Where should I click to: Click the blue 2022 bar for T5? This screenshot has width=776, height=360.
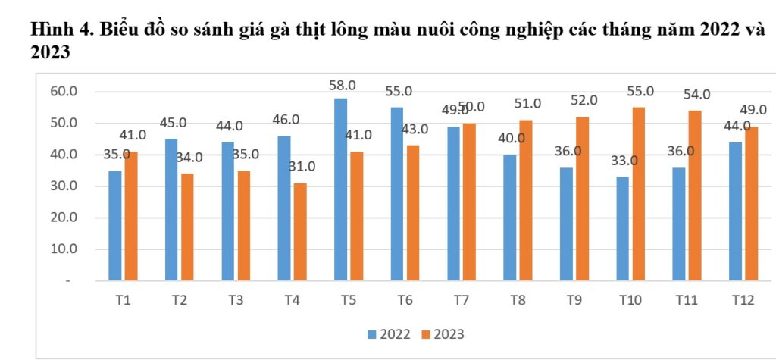340,189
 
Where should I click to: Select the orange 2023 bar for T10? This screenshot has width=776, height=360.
639,194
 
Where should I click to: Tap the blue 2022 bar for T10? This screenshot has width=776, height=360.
622,228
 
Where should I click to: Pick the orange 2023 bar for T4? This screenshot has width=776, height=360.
300,231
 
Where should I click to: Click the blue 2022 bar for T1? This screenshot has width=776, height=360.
115,225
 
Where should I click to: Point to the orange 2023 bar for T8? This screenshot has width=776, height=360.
526,200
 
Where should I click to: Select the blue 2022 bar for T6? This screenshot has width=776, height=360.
397,194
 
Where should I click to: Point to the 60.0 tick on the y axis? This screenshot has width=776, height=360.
63,92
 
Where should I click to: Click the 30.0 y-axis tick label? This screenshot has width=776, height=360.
63,186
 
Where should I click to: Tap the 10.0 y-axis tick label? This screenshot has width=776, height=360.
63,249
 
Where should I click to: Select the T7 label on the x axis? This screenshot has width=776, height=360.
462,300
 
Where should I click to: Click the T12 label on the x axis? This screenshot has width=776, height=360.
744,300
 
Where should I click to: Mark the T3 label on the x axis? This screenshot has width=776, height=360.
236,300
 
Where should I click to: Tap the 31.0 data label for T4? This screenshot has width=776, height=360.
302,167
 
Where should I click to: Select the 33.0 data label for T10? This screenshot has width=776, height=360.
623,161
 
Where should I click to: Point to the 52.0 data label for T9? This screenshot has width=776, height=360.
583,100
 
